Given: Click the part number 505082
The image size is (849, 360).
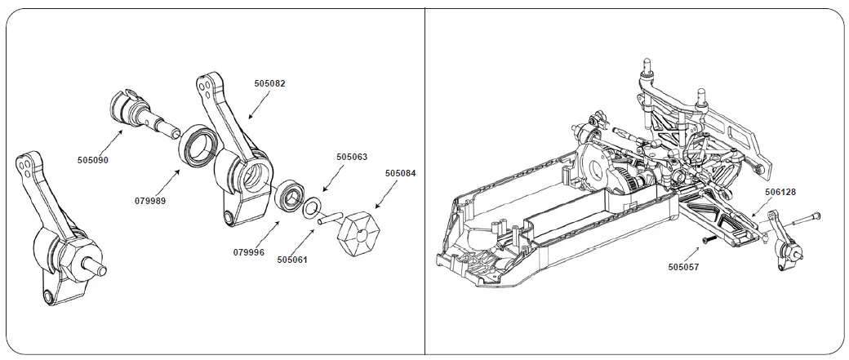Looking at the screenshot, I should (269, 83).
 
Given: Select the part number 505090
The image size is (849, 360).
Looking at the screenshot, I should (93, 160).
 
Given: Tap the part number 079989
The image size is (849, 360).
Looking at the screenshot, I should (150, 199).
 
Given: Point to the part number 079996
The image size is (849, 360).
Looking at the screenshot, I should (248, 252).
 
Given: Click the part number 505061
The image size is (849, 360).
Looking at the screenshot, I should (292, 260).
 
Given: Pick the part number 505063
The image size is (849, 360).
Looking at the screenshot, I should (352, 157).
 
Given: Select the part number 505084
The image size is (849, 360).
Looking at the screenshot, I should (400, 173).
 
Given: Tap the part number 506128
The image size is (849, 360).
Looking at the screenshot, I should (780, 192).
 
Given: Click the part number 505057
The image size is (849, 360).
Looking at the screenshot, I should (683, 266).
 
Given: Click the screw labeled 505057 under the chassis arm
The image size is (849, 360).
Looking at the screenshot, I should (709, 239).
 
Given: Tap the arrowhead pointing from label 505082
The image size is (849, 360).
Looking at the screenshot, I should (248, 115).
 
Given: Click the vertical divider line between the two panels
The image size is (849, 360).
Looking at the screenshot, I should (424, 180).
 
